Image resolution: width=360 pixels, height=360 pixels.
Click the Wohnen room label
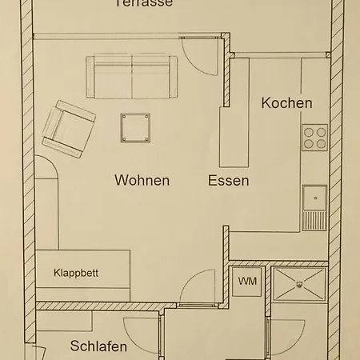142,181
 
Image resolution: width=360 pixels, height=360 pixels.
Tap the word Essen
228,181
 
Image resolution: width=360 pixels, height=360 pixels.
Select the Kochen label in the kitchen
286,104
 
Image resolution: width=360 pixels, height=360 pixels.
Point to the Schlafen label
98,346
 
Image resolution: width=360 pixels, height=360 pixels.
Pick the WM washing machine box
246,282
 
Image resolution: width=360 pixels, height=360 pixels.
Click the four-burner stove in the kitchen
315,138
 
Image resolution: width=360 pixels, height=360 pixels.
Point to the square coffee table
134,126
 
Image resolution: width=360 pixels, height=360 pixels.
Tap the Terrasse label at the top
144,3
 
